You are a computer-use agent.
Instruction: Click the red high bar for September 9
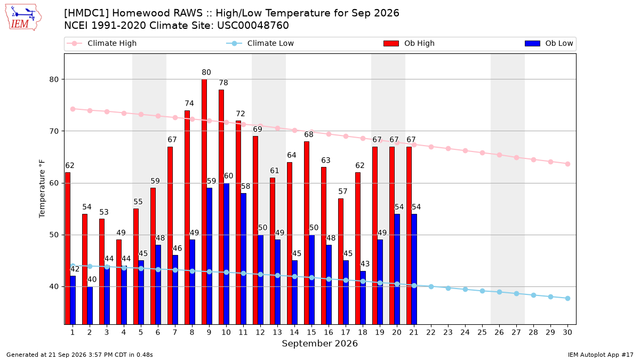tap(204, 202)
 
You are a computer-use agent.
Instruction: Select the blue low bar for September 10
tap(226, 254)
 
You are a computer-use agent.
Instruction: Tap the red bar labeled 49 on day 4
tap(119, 282)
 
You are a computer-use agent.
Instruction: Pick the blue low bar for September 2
tap(90, 306)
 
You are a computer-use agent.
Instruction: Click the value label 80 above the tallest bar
tap(206, 73)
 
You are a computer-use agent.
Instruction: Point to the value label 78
tap(223, 83)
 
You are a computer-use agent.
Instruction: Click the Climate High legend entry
tap(102, 43)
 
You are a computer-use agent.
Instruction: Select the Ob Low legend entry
tap(549, 43)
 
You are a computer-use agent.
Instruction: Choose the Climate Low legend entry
tap(260, 43)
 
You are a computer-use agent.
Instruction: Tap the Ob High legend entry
tap(409, 43)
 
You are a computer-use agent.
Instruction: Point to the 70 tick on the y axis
tap(54, 131)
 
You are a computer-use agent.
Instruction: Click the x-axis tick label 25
tap(482, 332)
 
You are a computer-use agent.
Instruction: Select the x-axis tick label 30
tap(567, 332)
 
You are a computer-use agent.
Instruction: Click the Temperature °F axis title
tap(42, 189)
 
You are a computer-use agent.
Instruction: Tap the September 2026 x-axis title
tap(319, 343)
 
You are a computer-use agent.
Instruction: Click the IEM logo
tap(23, 18)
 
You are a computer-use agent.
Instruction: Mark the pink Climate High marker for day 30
tap(567, 164)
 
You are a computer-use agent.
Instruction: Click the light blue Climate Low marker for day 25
tap(482, 291)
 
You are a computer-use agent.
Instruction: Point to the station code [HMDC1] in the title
tap(86, 13)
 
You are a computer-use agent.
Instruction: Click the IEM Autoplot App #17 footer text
tap(601, 355)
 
